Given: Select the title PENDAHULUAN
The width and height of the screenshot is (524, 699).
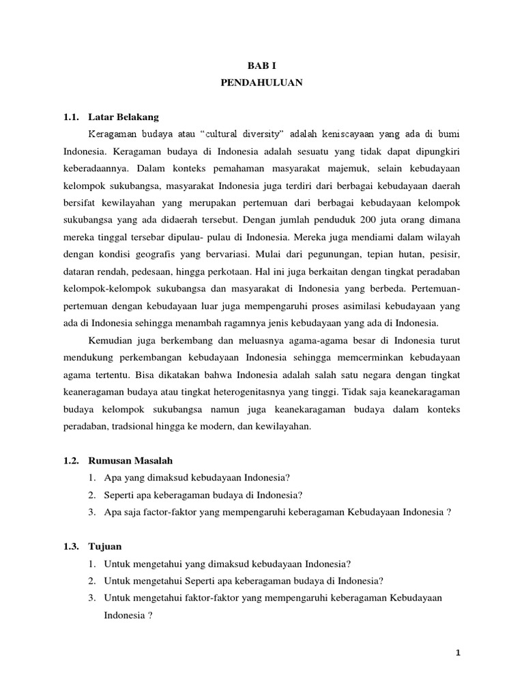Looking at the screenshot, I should [x=262, y=83].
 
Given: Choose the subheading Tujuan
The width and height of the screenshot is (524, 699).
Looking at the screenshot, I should [x=104, y=547].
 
